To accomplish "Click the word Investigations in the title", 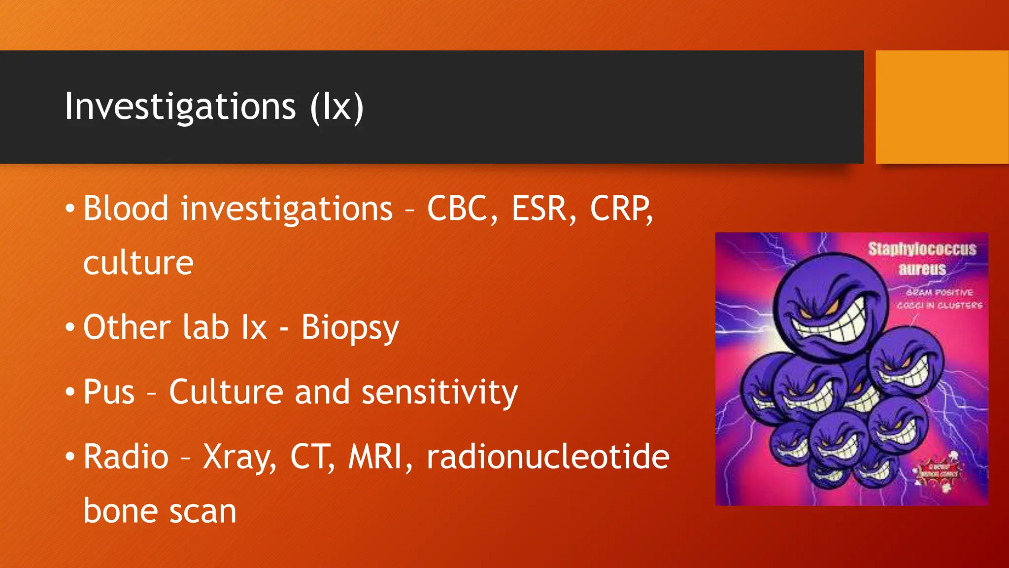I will [180, 107].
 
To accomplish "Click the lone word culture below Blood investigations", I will [138, 263].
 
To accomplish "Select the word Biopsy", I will [350, 328].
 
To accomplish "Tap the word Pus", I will [109, 392].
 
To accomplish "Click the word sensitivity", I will [439, 392].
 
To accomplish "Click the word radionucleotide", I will [548, 457].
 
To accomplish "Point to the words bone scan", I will [160, 511].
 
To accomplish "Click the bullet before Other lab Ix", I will [70, 327].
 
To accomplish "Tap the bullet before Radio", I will [70, 457].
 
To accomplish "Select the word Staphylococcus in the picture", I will [922, 249].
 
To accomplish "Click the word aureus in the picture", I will [922, 269].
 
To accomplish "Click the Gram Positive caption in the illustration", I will [940, 292].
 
